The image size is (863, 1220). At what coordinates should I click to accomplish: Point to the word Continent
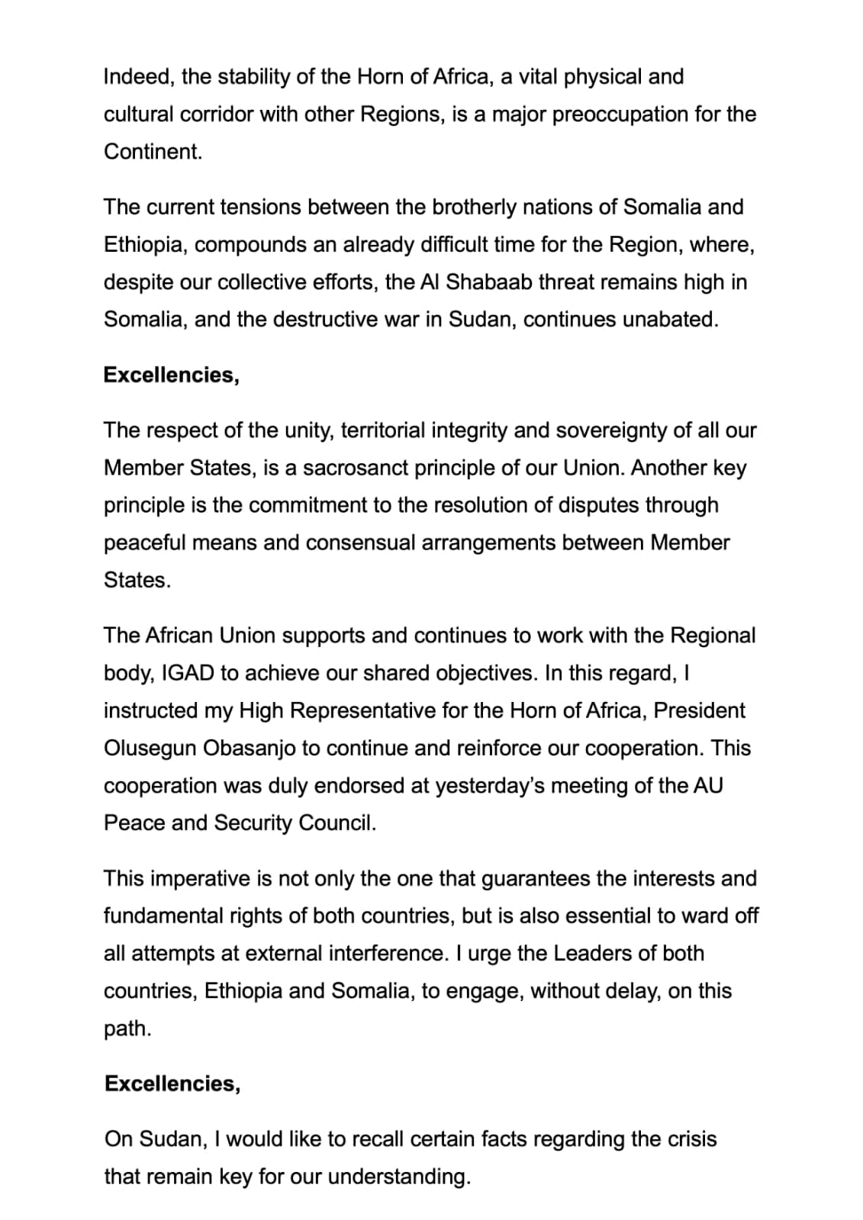[153, 152]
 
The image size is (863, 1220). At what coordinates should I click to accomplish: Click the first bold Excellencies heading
[171, 375]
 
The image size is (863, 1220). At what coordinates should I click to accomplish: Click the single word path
[127, 1028]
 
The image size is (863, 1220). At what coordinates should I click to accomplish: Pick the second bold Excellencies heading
[172, 1084]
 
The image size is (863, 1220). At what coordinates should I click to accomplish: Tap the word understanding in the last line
[398, 1177]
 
